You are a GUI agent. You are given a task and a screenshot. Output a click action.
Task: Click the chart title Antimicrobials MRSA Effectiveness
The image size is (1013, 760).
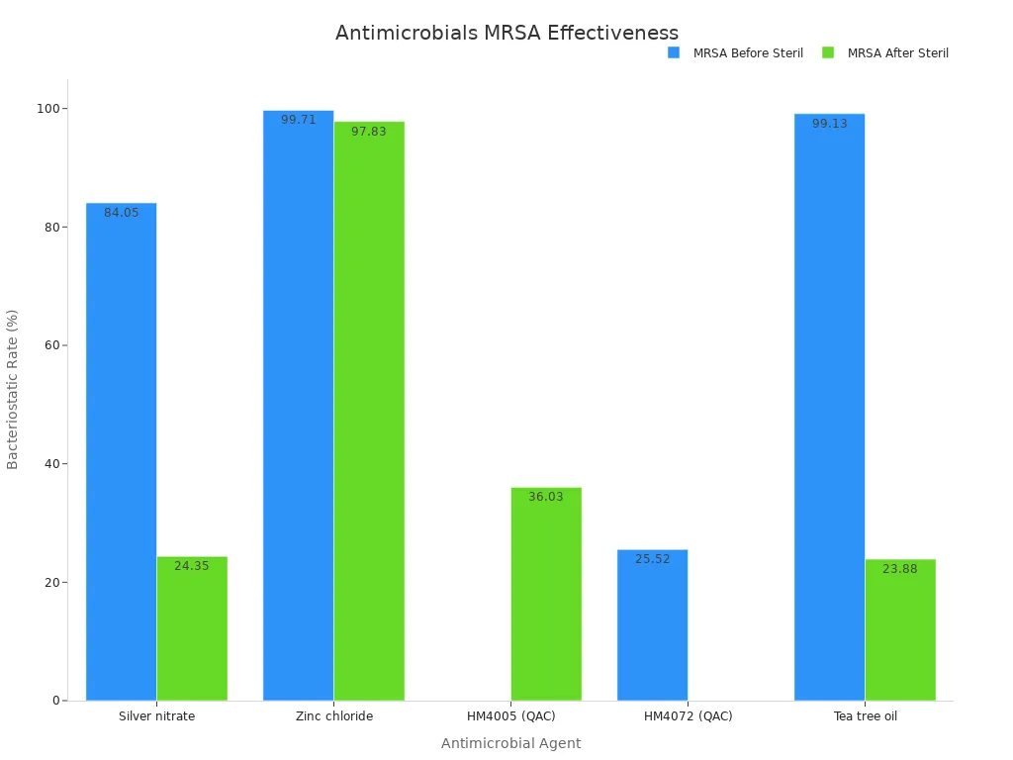pyautogui.click(x=506, y=33)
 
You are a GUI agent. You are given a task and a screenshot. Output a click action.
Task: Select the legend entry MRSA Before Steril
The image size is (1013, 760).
pyautogui.click(x=747, y=53)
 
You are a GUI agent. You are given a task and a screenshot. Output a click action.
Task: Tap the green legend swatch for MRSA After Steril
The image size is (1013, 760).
pyautogui.click(x=828, y=52)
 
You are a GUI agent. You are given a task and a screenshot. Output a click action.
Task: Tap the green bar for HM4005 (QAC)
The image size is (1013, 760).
pyautogui.click(x=546, y=594)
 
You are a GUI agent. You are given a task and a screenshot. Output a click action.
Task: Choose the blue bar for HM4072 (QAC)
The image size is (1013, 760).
pyautogui.click(x=652, y=624)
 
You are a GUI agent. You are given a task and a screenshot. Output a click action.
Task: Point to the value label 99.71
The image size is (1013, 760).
pyautogui.click(x=298, y=120)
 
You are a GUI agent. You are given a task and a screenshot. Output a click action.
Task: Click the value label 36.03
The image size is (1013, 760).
pyautogui.click(x=546, y=497)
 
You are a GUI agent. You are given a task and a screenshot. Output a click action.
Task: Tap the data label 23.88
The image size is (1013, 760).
pyautogui.click(x=900, y=569)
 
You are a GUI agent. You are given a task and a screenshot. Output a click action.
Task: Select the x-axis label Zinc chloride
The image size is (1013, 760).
pyautogui.click(x=334, y=716)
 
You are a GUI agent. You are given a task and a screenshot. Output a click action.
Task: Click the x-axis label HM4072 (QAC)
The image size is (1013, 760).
pyautogui.click(x=688, y=716)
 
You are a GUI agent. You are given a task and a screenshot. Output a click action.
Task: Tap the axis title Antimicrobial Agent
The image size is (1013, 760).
pyautogui.click(x=510, y=743)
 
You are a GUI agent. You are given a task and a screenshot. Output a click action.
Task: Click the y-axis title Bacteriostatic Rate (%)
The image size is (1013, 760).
pyautogui.click(x=13, y=389)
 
